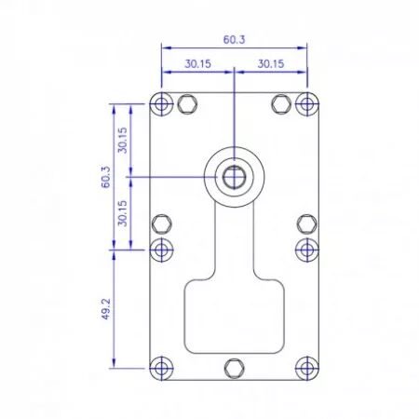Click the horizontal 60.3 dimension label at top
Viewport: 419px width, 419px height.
[234, 40]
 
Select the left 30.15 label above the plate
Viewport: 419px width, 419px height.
[197, 64]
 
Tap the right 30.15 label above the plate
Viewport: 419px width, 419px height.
[271, 64]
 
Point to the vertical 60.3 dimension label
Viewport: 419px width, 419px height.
[106, 177]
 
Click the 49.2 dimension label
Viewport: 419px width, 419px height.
[106, 309]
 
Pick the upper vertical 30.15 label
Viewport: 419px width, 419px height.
[123, 141]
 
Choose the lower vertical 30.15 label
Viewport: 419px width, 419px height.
[123, 213]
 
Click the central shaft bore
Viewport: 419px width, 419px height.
[234, 177]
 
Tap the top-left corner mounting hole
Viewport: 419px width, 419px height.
[161, 104]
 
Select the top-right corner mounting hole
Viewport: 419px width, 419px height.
[307, 104]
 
